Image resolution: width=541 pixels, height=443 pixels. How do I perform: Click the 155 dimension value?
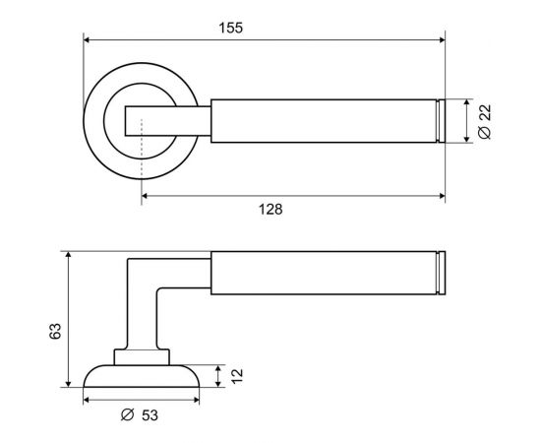231,28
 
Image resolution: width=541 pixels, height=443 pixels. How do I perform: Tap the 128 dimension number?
270,210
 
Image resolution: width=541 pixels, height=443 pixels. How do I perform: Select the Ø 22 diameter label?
485,121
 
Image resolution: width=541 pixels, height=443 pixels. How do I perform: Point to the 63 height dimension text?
55,331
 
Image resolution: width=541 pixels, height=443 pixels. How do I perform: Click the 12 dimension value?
237,376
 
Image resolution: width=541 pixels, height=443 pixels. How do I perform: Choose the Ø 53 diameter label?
140,414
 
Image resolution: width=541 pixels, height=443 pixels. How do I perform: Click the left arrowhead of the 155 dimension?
87,40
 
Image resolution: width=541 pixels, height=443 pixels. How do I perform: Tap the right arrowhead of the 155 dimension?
442,40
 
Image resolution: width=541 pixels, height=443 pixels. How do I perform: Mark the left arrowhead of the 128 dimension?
145,196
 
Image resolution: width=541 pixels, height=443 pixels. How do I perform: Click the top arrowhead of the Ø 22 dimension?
467,102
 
